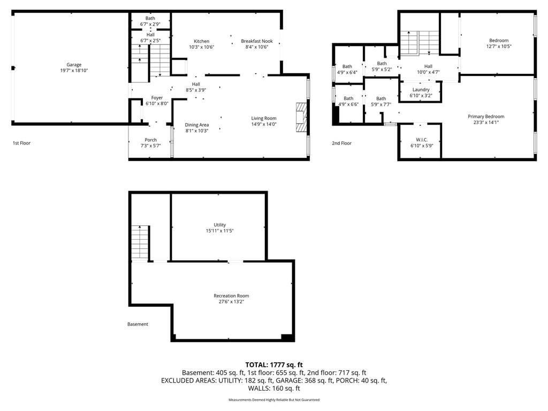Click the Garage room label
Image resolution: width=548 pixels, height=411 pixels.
(74, 65)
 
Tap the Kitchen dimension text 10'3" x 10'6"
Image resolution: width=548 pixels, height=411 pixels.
(202, 47)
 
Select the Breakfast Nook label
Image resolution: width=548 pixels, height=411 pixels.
(257, 41)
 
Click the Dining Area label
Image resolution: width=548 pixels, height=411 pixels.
(197, 125)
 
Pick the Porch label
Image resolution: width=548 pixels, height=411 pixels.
(150, 140)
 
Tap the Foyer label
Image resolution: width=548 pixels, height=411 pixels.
(157, 98)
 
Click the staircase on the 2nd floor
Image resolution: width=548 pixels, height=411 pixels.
(420, 43)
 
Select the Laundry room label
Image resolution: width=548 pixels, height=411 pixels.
(421, 89)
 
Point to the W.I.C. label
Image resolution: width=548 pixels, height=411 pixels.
(422, 140)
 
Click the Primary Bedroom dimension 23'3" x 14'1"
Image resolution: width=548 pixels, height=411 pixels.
(486, 123)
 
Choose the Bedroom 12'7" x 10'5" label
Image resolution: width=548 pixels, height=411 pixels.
(499, 43)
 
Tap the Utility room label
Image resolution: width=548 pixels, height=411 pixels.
(220, 225)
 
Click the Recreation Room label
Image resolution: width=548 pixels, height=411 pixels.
(231, 295)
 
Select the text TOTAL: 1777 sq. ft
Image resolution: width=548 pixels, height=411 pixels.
(274, 365)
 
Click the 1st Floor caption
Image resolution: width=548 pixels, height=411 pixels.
(21, 143)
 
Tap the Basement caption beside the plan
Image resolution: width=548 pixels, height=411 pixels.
(138, 324)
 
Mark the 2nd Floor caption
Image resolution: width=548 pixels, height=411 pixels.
(342, 143)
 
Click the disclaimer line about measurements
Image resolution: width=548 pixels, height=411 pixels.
(274, 400)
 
